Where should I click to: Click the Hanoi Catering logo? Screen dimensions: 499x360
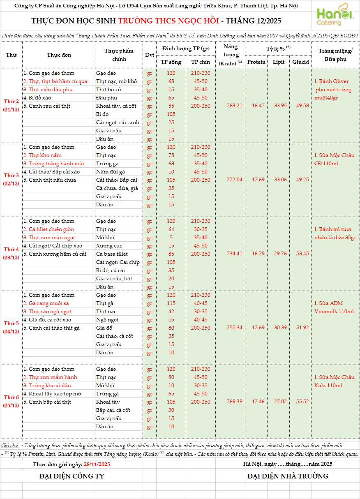coord(335,17)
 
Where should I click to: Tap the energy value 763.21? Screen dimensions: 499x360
coord(235,106)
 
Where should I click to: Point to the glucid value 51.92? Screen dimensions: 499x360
coord(300,328)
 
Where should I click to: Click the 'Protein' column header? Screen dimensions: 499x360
coord(256,62)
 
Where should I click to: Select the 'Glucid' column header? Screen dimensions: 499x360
coord(300,62)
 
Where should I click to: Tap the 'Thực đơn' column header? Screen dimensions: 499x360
coord(59,55)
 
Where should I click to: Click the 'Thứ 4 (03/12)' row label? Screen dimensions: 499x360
coord(12,254)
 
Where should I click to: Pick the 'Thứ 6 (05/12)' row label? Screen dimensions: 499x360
coord(12,402)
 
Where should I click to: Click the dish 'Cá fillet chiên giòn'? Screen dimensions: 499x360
coord(48,229)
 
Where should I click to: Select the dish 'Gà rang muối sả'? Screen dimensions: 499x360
coord(46,303)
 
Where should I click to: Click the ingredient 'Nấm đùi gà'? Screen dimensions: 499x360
coord(111,172)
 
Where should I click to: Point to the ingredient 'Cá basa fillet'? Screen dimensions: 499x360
coord(112,254)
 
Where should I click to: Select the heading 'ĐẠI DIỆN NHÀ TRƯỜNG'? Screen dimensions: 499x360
coord(288,476)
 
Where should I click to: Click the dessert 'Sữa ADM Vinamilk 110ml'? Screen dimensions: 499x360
coord(334,307)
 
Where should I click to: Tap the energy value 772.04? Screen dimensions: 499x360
coord(235,180)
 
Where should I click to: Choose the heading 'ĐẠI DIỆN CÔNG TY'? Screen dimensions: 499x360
coord(72,476)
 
